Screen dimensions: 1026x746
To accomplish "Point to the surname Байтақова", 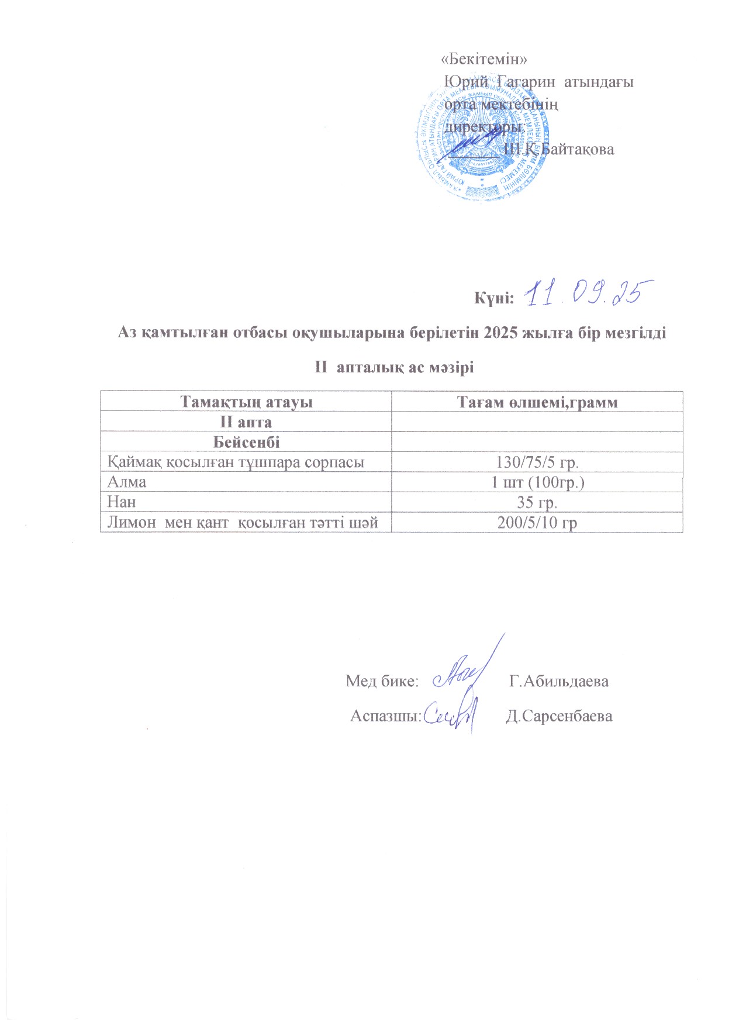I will tap(578, 150).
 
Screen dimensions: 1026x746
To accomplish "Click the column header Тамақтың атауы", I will tap(246, 402).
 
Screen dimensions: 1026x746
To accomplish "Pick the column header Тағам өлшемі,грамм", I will tap(537, 402).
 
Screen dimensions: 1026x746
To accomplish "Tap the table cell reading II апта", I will tap(246, 422).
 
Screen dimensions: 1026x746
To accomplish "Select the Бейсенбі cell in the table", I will tap(246, 442).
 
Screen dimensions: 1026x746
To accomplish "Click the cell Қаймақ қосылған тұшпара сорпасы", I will tap(236, 462).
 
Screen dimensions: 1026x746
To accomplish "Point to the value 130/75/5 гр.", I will tap(537, 462).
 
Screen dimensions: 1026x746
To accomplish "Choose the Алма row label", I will tap(127, 482).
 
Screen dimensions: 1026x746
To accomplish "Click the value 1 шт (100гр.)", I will tap(537, 482).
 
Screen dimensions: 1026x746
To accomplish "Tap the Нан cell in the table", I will tap(122, 502).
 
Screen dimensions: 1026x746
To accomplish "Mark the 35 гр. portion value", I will tap(537, 502).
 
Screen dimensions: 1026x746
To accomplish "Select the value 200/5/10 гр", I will tap(537, 523).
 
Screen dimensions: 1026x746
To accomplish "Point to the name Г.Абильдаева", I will tap(559, 681).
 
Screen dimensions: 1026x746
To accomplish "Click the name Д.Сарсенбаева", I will tap(559, 717).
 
